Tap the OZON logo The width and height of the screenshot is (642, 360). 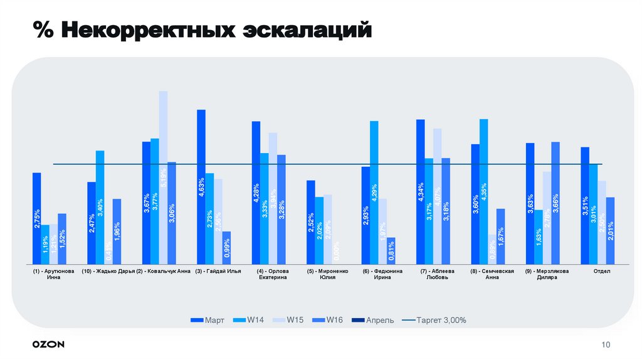tap(48, 344)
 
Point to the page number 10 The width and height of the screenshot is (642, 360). tap(605, 344)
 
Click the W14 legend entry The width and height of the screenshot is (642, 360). tap(249, 320)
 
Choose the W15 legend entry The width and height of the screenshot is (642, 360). tap(289, 320)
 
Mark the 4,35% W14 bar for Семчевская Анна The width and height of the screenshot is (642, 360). tap(483, 191)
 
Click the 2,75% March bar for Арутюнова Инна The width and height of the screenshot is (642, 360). tap(36, 218)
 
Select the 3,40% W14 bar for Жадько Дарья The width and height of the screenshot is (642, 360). tap(100, 207)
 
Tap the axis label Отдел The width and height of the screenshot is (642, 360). tap(602, 272)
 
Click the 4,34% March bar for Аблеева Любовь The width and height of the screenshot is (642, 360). tap(420, 191)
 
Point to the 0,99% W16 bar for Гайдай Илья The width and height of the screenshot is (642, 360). tap(226, 247)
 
